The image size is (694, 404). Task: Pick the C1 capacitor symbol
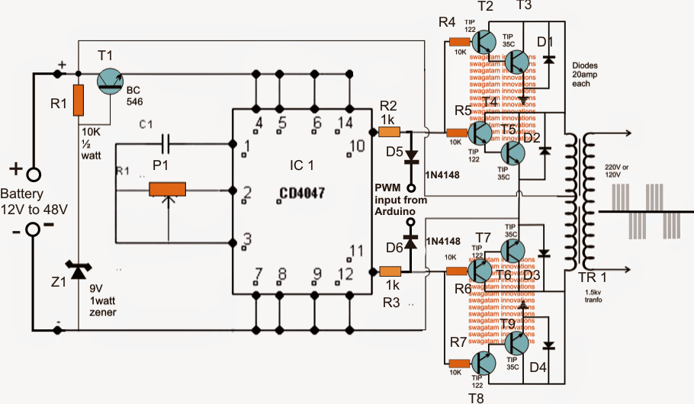click(x=168, y=143)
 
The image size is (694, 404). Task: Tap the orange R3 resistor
click(x=390, y=271)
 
